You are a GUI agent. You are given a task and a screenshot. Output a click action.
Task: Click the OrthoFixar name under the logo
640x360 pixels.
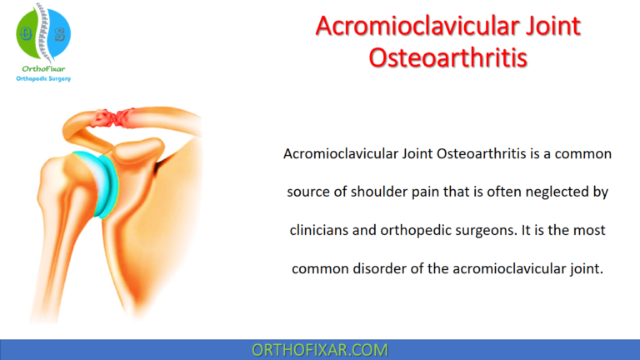pos(43,69)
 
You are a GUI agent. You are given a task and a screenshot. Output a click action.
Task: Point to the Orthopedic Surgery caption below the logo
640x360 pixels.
pos(44,80)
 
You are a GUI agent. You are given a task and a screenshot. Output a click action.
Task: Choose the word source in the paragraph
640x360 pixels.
pos(308,192)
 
